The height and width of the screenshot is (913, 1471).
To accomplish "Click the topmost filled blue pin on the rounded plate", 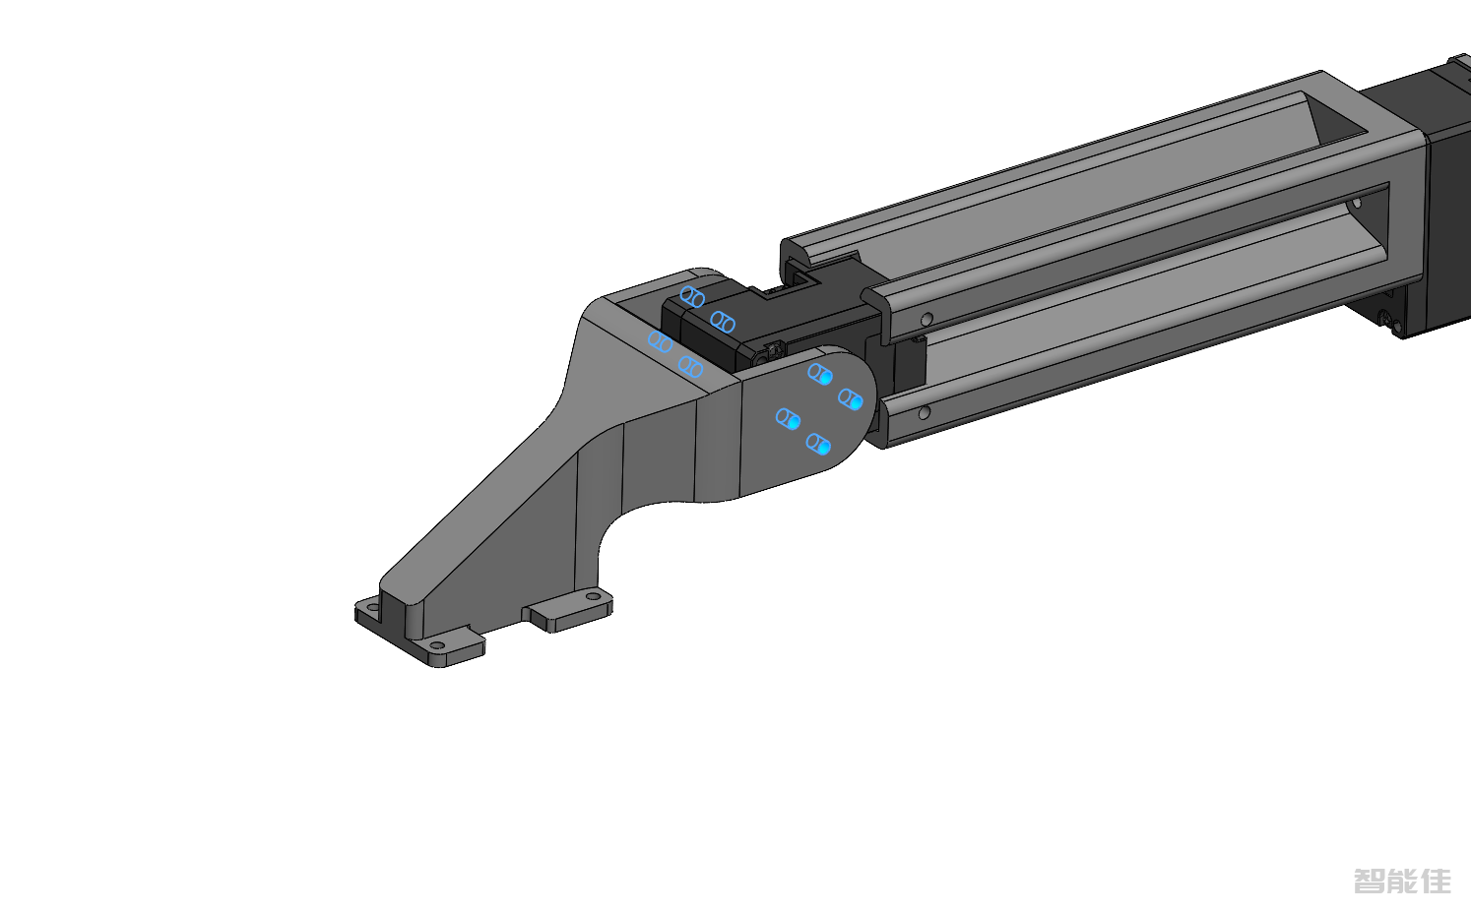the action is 820,374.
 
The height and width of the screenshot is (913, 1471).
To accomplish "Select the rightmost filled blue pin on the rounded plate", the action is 851,399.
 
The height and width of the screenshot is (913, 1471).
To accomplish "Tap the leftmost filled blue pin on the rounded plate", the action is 788,419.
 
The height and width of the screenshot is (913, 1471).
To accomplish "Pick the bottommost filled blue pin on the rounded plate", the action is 818,444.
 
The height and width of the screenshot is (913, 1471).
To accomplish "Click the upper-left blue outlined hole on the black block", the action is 692,297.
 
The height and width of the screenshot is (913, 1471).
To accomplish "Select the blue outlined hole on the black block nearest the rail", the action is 723,322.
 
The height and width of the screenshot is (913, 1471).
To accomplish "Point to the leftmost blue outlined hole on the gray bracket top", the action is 660,341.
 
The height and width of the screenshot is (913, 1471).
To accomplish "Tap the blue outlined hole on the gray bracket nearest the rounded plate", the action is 690,366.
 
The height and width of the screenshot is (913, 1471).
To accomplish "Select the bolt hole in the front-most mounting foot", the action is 437,644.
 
